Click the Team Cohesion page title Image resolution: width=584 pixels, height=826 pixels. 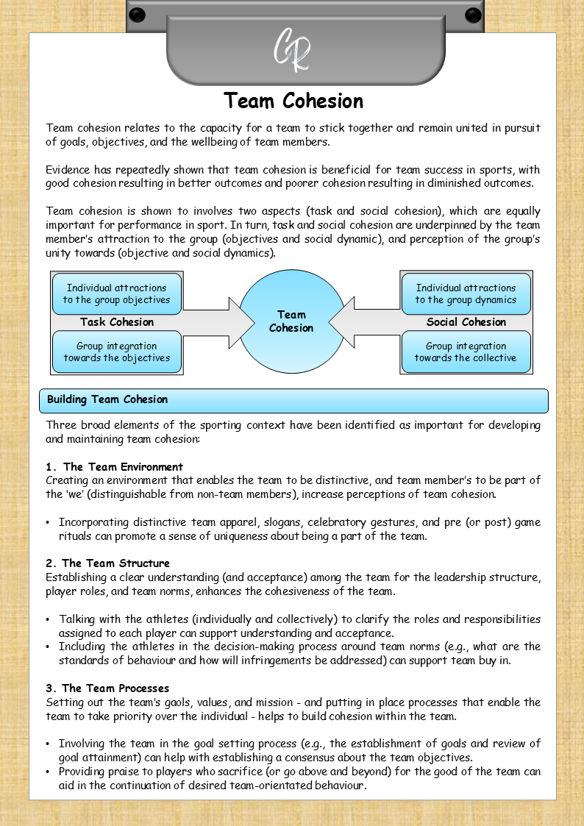tap(293, 101)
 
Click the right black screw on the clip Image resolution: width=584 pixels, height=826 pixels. tap(473, 15)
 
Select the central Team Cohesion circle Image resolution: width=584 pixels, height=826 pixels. tap(292, 321)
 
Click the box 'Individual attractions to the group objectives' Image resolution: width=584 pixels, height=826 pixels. tap(116, 293)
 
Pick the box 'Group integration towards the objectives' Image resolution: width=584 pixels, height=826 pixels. tap(116, 352)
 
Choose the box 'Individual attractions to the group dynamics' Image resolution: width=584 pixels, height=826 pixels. tap(466, 293)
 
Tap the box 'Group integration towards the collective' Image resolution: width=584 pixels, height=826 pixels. tap(466, 352)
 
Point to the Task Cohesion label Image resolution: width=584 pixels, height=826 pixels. tap(117, 322)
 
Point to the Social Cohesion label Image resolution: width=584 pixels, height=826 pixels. tap(466, 322)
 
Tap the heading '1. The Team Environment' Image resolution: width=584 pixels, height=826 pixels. tap(114, 467)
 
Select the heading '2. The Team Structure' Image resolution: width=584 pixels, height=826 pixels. tap(107, 563)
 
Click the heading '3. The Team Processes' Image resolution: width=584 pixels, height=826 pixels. tap(107, 688)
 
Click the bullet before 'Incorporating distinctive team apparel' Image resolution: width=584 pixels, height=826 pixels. tap(48, 523)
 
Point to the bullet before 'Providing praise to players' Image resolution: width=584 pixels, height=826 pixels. tap(48, 772)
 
